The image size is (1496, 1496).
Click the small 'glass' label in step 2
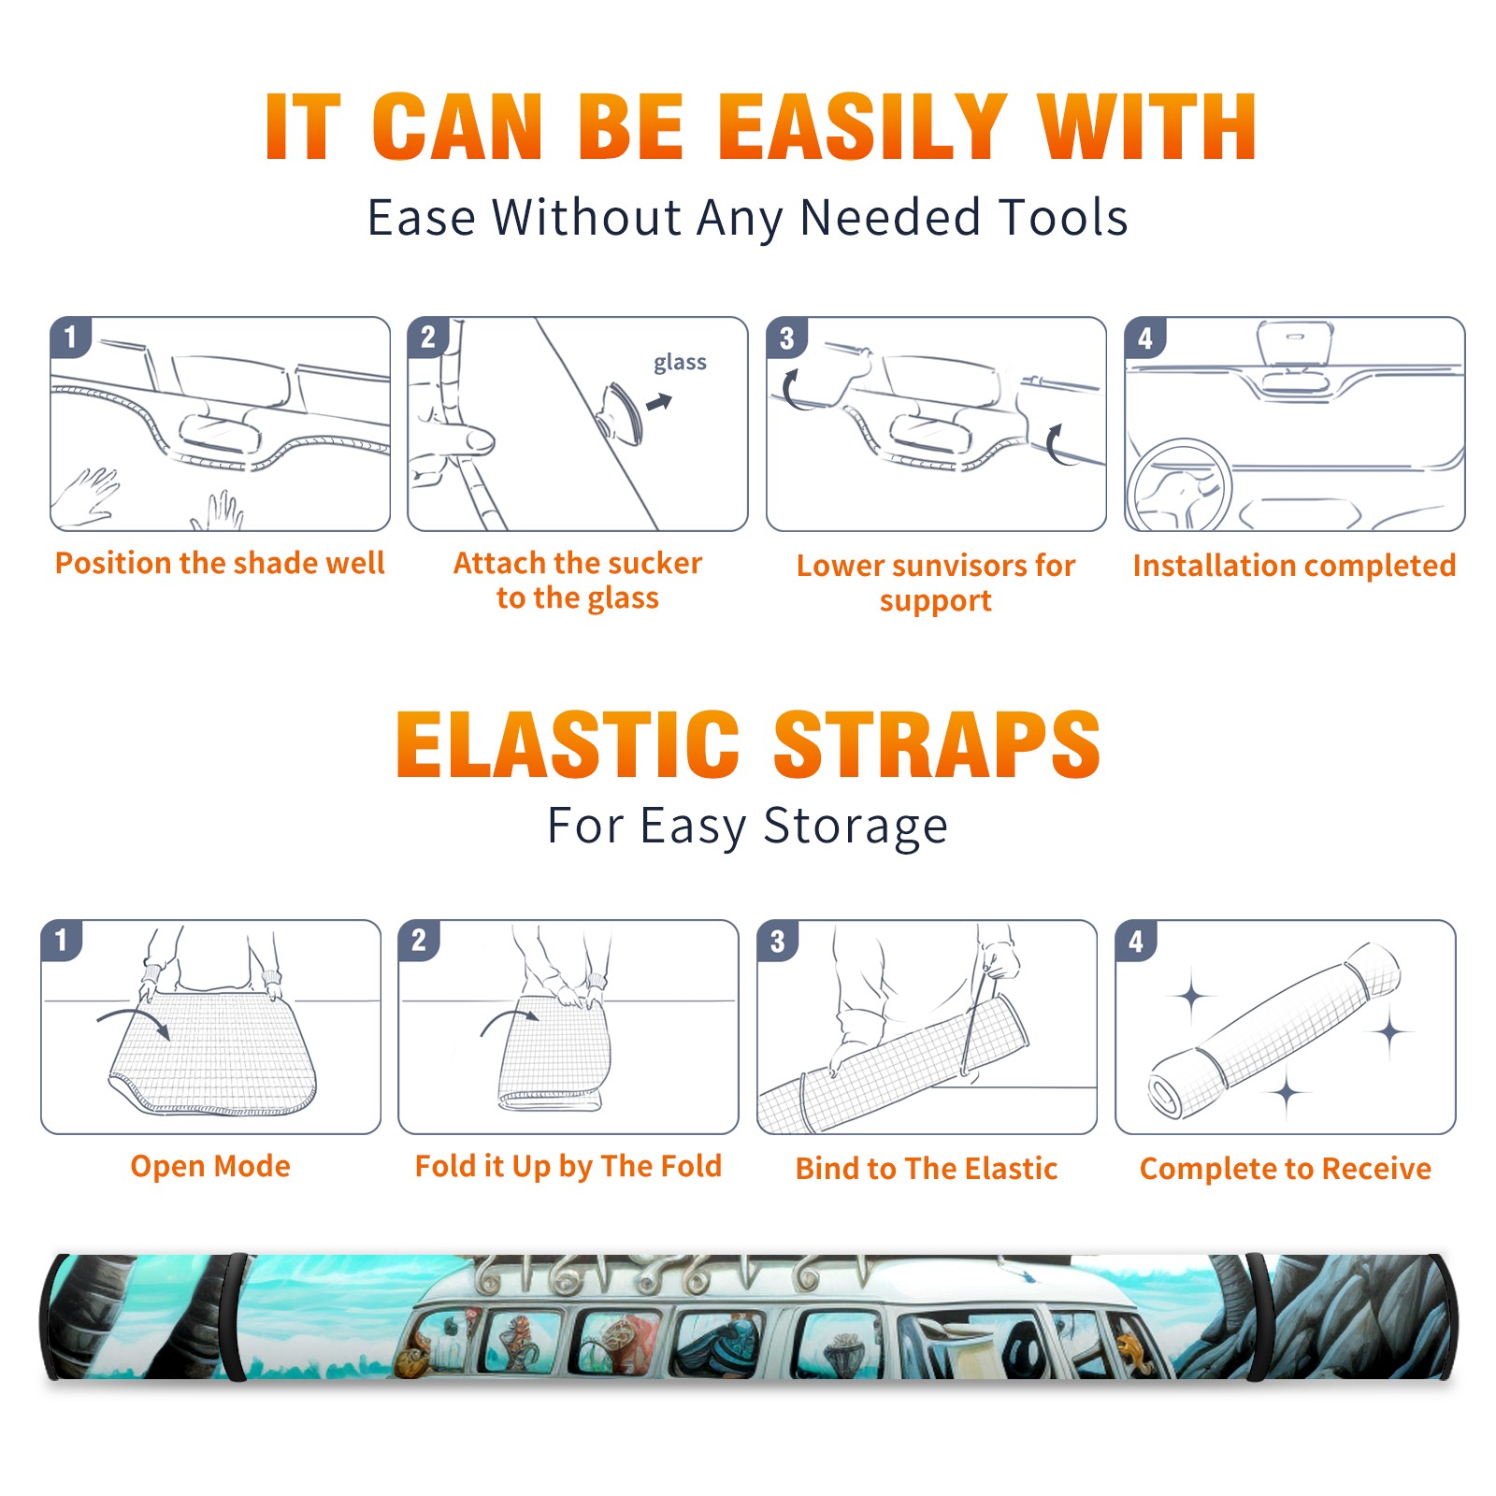click(x=680, y=363)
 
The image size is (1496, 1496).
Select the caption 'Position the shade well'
click(x=220, y=563)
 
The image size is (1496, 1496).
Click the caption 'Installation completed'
click(x=1294, y=565)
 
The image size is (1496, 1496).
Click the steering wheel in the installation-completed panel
click(x=1178, y=486)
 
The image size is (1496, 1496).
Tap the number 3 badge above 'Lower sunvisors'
click(x=786, y=338)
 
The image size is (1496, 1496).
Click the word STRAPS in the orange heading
click(x=937, y=744)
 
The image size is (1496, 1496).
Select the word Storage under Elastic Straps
click(x=856, y=827)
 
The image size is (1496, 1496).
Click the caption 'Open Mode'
click(x=210, y=1166)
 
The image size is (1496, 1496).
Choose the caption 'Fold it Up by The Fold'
click(x=568, y=1166)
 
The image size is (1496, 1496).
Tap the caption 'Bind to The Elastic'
click(x=927, y=1169)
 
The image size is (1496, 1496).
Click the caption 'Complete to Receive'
click(x=1286, y=1169)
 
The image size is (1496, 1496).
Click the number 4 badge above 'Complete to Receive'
click(x=1136, y=941)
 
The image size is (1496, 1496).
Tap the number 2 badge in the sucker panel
click(x=428, y=338)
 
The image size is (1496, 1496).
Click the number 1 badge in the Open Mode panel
click(x=62, y=941)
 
